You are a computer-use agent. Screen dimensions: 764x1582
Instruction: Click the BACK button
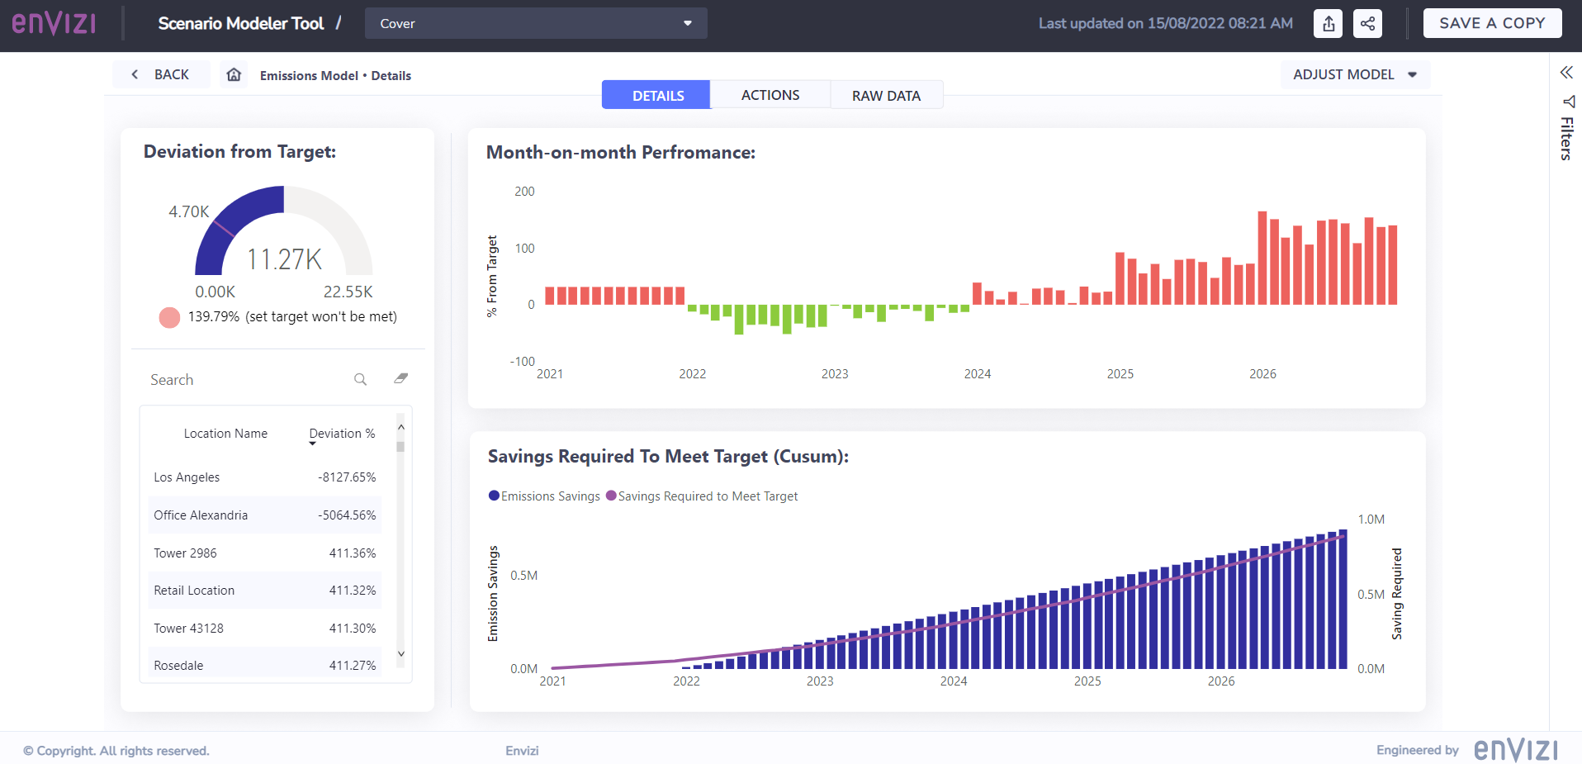pos(161,74)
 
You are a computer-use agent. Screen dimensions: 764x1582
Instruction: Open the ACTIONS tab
pos(770,95)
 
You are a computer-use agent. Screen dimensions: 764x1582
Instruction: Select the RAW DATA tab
pos(886,96)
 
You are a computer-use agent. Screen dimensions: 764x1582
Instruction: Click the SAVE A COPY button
pos(1491,23)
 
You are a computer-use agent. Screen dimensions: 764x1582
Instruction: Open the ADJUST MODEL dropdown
pos(1354,74)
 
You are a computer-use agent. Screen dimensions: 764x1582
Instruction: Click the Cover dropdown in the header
pos(535,23)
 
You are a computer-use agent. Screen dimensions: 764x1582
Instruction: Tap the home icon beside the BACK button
pos(234,74)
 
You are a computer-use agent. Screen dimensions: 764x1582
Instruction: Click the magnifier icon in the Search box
pos(360,379)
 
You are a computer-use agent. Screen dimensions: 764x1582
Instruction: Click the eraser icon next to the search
pos(401,378)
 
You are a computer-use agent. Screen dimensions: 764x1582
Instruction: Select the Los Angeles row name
pos(187,477)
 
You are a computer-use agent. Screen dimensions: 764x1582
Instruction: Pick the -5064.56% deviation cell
pos(347,515)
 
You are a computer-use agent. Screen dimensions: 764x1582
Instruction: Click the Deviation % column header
pos(342,434)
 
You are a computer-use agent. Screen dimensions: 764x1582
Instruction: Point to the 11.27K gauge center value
pos(284,259)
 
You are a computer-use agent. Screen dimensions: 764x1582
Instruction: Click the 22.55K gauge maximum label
pos(348,292)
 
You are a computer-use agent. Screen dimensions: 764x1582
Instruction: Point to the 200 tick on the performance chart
pos(524,192)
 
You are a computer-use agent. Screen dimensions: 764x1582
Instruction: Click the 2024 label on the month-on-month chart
pos(977,374)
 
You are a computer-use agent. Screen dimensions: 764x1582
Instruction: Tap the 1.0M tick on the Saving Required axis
pos(1371,520)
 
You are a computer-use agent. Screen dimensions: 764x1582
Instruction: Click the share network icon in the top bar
pos(1367,23)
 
